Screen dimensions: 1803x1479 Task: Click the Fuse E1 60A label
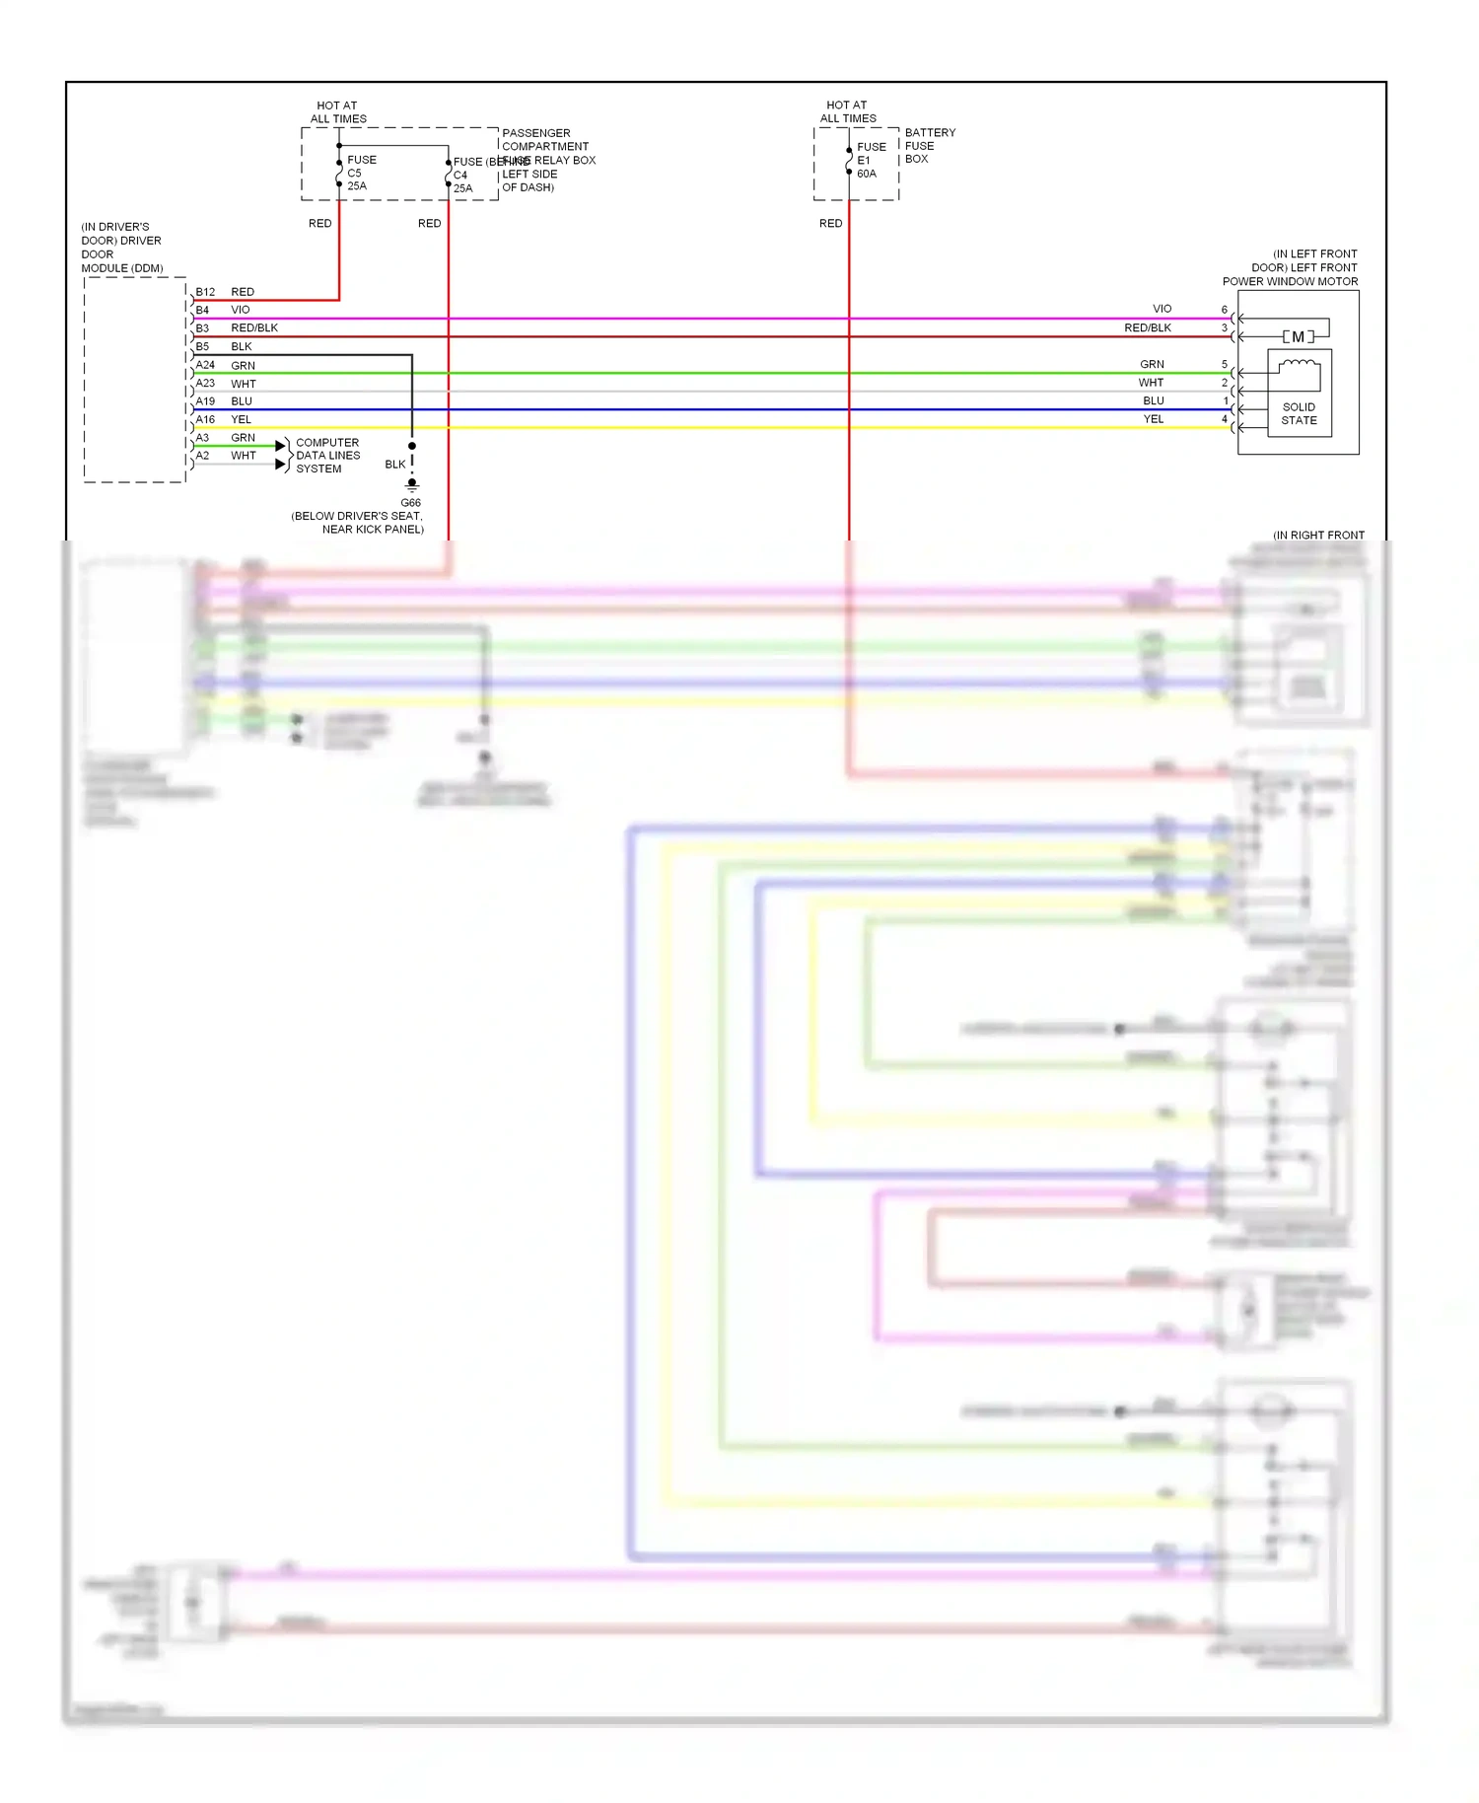(870, 160)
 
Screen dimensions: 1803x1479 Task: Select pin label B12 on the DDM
(205, 292)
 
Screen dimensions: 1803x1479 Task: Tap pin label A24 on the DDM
(205, 365)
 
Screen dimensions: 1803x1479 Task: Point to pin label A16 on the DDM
(205, 419)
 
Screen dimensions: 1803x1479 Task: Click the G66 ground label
(410, 503)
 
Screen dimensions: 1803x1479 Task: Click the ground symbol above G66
(412, 485)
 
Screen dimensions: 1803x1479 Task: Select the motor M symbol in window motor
(1298, 337)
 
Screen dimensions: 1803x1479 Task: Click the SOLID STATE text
(1299, 413)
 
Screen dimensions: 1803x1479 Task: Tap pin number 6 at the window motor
(1225, 310)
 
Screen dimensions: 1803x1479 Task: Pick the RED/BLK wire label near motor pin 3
(1148, 327)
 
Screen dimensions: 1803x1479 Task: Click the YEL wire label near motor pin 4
(1154, 419)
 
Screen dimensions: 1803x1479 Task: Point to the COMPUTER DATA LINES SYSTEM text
(327, 456)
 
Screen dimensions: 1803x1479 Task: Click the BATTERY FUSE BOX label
(929, 145)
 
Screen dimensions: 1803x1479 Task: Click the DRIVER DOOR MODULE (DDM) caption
(121, 248)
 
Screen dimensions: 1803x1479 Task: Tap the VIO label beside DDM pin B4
(241, 310)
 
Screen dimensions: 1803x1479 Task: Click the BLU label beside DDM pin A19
(242, 401)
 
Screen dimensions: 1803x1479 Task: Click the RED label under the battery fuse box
(830, 224)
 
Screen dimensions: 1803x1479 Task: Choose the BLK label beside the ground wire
(394, 465)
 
